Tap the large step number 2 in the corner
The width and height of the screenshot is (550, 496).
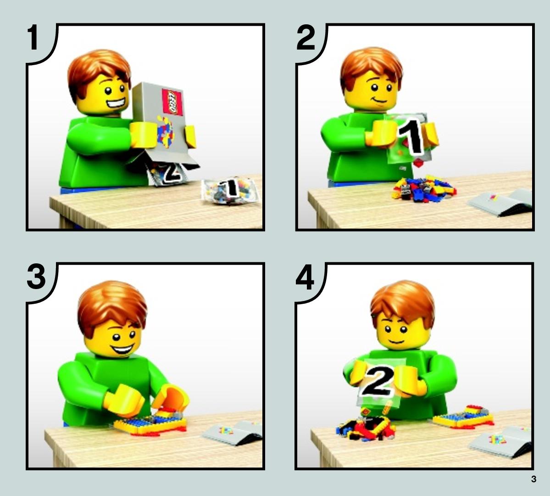click(306, 38)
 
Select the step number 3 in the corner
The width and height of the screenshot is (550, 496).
click(36, 277)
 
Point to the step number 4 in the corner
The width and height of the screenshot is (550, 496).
click(305, 277)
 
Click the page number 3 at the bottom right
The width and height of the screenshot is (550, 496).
click(533, 479)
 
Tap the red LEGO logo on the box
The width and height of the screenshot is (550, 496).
click(172, 102)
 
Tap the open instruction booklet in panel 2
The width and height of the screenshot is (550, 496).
click(501, 202)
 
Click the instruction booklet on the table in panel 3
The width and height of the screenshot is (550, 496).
click(232, 433)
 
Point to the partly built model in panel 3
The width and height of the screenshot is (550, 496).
click(151, 422)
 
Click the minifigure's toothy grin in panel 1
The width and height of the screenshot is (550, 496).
click(117, 104)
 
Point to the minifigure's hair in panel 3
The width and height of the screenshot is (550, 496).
click(111, 306)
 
